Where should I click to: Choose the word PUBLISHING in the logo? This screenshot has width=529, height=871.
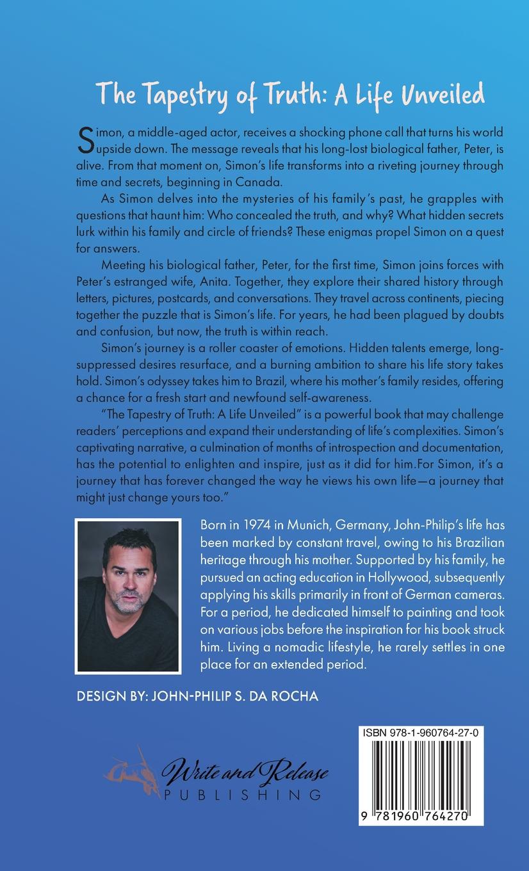point(242,795)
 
